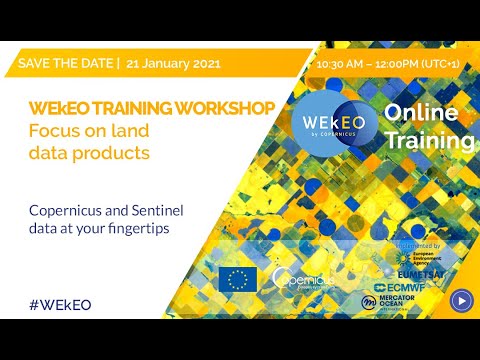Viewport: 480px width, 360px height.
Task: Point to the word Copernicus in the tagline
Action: pos(71,210)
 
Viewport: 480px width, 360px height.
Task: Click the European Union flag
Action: pos(238,279)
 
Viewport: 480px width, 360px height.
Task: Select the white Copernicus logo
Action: pos(304,280)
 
